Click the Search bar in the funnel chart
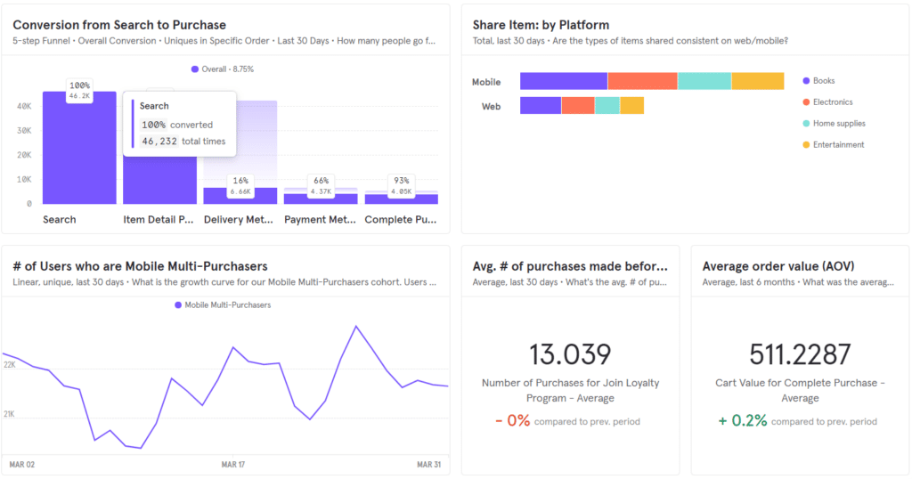pyautogui.click(x=79, y=151)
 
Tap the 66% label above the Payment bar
pyautogui.click(x=321, y=181)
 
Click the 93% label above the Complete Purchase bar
pyautogui.click(x=401, y=181)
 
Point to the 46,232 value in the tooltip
pyautogui.click(x=159, y=141)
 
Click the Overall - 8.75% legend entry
pyautogui.click(x=222, y=69)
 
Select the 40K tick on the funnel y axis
pyautogui.click(x=24, y=106)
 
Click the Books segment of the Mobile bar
pyautogui.click(x=563, y=81)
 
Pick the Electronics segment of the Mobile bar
pyautogui.click(x=642, y=81)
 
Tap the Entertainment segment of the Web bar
pyautogui.click(x=631, y=106)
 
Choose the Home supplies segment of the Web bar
pyautogui.click(x=607, y=106)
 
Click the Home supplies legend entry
pyautogui.click(x=838, y=124)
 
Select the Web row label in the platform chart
pyautogui.click(x=491, y=106)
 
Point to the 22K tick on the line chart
pyautogui.click(x=10, y=365)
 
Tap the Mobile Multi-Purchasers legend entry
pyautogui.click(x=227, y=305)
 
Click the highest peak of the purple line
pyautogui.click(x=356, y=326)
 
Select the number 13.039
pyautogui.click(x=570, y=353)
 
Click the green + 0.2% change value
pyautogui.click(x=743, y=420)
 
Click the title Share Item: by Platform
pyautogui.click(x=541, y=25)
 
